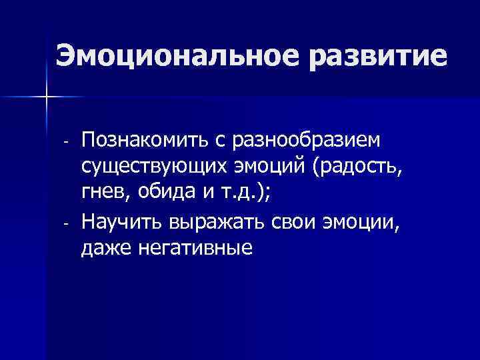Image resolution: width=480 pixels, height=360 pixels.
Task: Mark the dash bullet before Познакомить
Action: coord(65,143)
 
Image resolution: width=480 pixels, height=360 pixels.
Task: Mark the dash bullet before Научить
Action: coord(65,223)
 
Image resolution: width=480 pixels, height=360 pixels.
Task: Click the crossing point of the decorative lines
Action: coord(46,97)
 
